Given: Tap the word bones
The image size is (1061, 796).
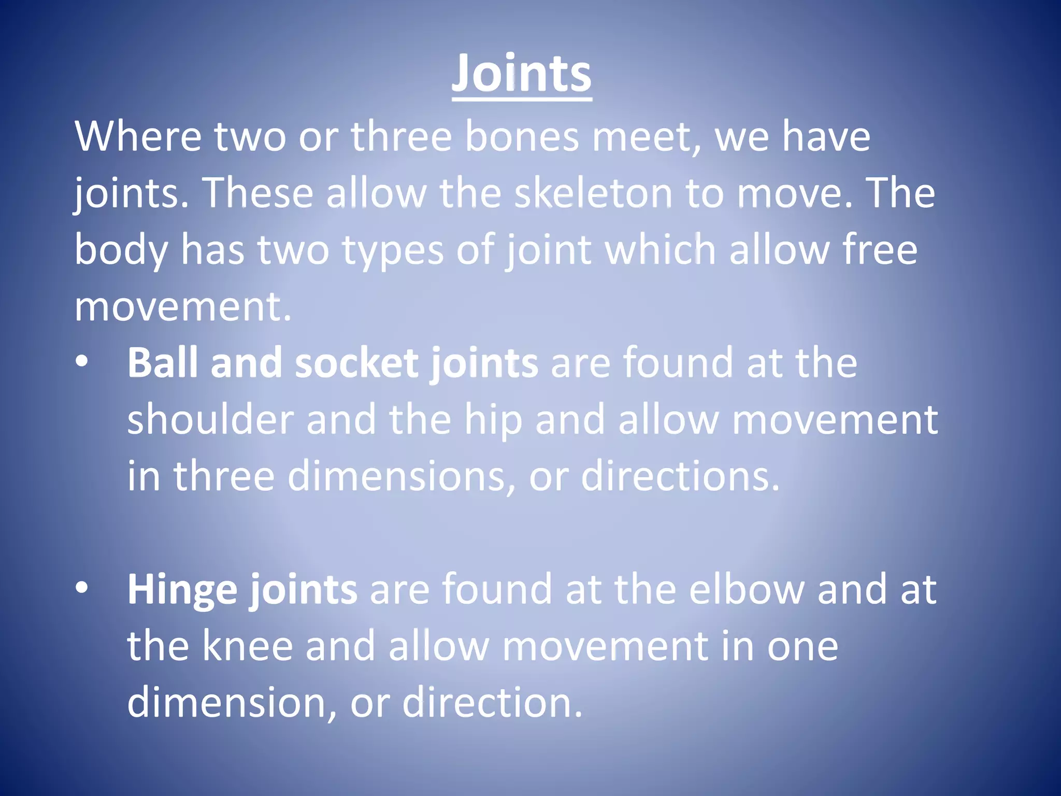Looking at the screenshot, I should coord(522,136).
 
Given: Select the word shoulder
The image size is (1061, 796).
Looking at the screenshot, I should coord(210,419).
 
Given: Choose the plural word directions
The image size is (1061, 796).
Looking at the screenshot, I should coord(680,476).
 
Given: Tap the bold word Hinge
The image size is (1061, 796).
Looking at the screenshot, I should coord(182,590).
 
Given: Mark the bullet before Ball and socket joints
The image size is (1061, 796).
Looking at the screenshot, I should coord(82,362).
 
